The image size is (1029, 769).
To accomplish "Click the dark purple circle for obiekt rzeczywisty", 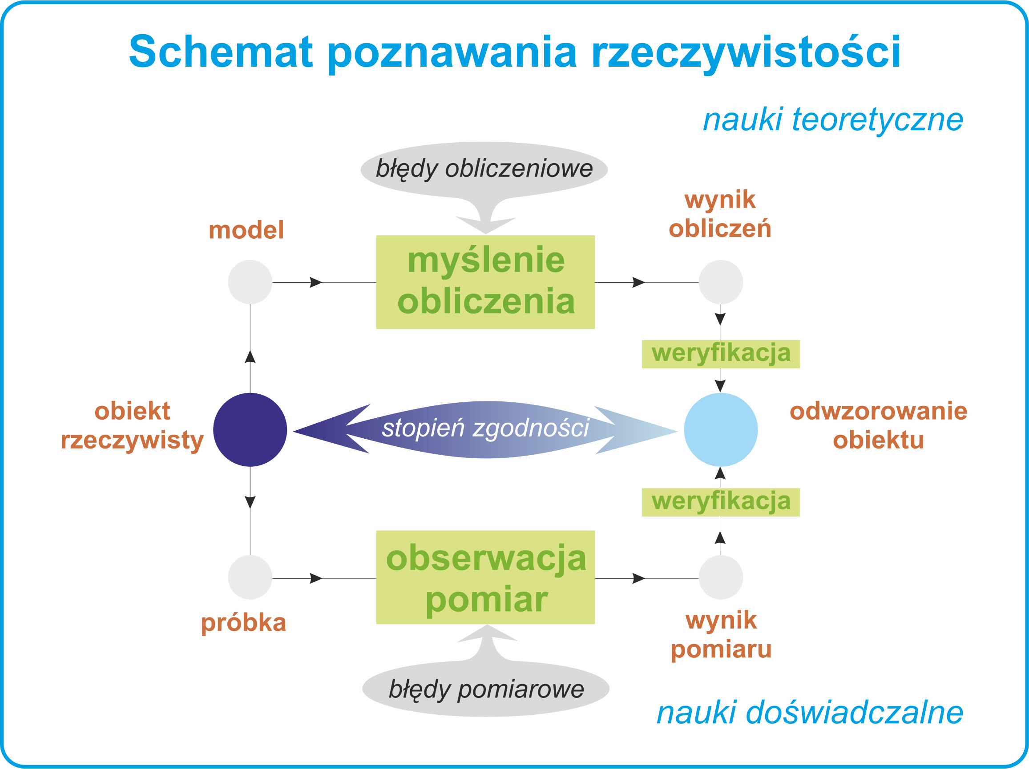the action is (x=250, y=429).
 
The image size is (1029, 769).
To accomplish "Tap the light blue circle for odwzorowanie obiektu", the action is (x=721, y=429).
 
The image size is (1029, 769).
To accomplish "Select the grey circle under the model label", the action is (x=250, y=282).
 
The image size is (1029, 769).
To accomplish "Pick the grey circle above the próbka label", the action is (x=250, y=577).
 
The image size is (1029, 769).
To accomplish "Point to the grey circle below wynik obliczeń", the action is (x=721, y=282).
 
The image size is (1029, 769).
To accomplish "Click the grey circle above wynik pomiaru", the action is (x=721, y=577).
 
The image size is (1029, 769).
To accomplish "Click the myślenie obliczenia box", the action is (x=485, y=282).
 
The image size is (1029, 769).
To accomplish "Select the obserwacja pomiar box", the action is (x=485, y=577).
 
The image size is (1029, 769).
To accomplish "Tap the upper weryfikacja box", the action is (x=721, y=354).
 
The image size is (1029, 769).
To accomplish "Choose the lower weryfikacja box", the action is (x=721, y=503).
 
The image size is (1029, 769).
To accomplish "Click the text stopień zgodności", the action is (x=486, y=428).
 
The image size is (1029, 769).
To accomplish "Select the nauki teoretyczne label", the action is (x=833, y=120).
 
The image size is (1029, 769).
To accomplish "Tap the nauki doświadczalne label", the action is (x=810, y=713).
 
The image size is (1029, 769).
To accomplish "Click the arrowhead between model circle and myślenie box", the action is (x=316, y=282).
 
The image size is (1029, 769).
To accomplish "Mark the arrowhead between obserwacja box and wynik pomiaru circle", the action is (x=639, y=578).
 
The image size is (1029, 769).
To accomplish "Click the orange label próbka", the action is (x=243, y=624).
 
